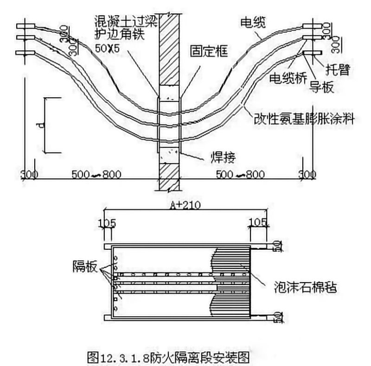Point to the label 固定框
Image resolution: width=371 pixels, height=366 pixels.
coord(209,51)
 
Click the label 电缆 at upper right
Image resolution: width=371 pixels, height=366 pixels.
coord(254,21)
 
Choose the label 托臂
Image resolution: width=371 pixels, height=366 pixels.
coord(338,70)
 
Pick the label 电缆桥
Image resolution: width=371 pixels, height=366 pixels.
coord(287,78)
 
